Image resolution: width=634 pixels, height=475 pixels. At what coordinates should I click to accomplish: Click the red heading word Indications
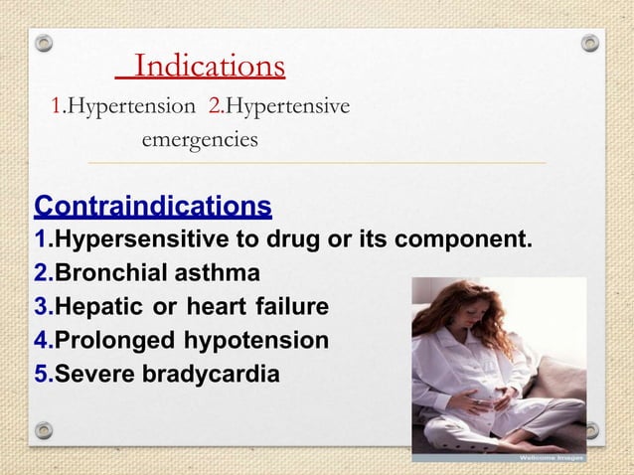pos(210,67)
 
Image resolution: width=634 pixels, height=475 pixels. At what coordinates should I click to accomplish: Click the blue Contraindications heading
pos(153,206)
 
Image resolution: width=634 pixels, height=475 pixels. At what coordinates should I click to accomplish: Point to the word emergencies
pos(200,140)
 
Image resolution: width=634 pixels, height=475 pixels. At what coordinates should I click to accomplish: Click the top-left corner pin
pos(43,43)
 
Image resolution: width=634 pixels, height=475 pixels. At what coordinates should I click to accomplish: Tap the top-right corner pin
pos(590,43)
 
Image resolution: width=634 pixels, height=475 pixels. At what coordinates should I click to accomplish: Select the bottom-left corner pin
pos(43,430)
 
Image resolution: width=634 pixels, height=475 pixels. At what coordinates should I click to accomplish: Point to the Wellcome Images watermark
pos(551,458)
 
